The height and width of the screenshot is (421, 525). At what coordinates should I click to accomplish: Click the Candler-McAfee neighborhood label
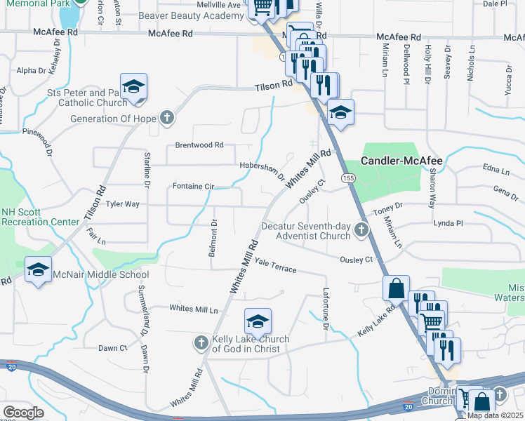(x=401, y=161)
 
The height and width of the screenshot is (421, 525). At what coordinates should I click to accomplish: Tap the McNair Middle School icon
(x=38, y=269)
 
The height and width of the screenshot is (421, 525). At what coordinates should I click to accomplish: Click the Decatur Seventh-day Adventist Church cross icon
(x=361, y=229)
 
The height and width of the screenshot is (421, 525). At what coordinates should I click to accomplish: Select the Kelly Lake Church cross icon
(x=201, y=342)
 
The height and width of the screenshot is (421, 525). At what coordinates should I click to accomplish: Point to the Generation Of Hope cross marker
(x=166, y=118)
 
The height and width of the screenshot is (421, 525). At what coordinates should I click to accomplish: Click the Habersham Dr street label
(x=262, y=171)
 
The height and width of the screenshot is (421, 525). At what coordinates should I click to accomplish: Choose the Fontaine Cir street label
(x=193, y=187)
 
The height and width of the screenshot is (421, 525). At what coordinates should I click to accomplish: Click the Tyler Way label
(x=122, y=204)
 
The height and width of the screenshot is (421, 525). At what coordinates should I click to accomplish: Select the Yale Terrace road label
(x=276, y=265)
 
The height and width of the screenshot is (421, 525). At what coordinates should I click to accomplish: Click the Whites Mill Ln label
(x=194, y=309)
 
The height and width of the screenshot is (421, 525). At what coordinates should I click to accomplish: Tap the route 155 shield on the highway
(x=350, y=180)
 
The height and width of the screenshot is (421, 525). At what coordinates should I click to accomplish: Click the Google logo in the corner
(x=22, y=412)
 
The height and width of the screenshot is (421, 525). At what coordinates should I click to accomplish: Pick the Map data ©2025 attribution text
(x=495, y=415)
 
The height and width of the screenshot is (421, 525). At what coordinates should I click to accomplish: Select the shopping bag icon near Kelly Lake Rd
(x=396, y=288)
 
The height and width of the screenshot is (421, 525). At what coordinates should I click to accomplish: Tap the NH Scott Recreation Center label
(x=40, y=217)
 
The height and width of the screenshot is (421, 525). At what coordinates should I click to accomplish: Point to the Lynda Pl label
(x=448, y=223)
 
